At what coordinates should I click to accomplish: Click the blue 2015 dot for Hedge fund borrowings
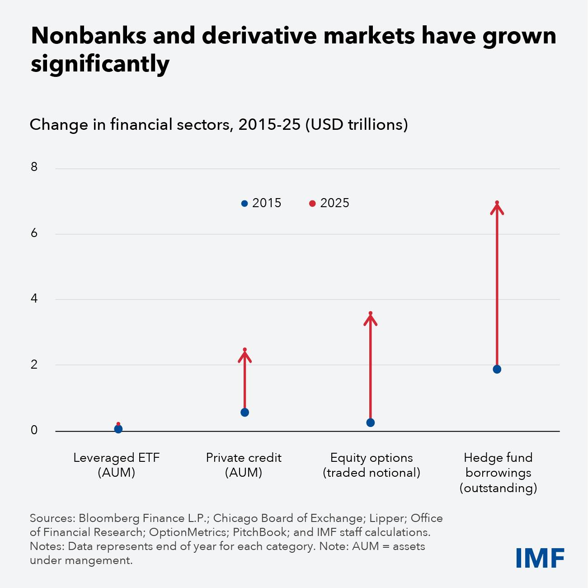pos(497,369)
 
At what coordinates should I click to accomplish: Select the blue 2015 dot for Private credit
pos(245,412)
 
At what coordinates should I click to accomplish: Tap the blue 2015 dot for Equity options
pos(371,422)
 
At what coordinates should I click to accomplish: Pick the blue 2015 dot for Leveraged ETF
pos(118,429)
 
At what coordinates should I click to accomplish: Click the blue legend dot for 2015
pos(245,204)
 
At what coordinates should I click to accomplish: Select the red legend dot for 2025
pos(312,204)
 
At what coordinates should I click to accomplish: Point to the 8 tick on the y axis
pos(34,167)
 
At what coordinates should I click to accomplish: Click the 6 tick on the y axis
pos(34,233)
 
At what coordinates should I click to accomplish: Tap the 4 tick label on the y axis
pos(34,299)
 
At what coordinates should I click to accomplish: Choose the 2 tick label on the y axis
pos(34,365)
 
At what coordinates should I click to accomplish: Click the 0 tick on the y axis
pos(34,431)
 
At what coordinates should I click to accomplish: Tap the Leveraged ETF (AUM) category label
pos(117,465)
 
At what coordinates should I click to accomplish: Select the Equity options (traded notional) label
pos(371,465)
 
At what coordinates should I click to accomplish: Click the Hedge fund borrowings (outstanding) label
pos(498,473)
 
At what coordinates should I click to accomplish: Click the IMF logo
pos(540,558)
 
